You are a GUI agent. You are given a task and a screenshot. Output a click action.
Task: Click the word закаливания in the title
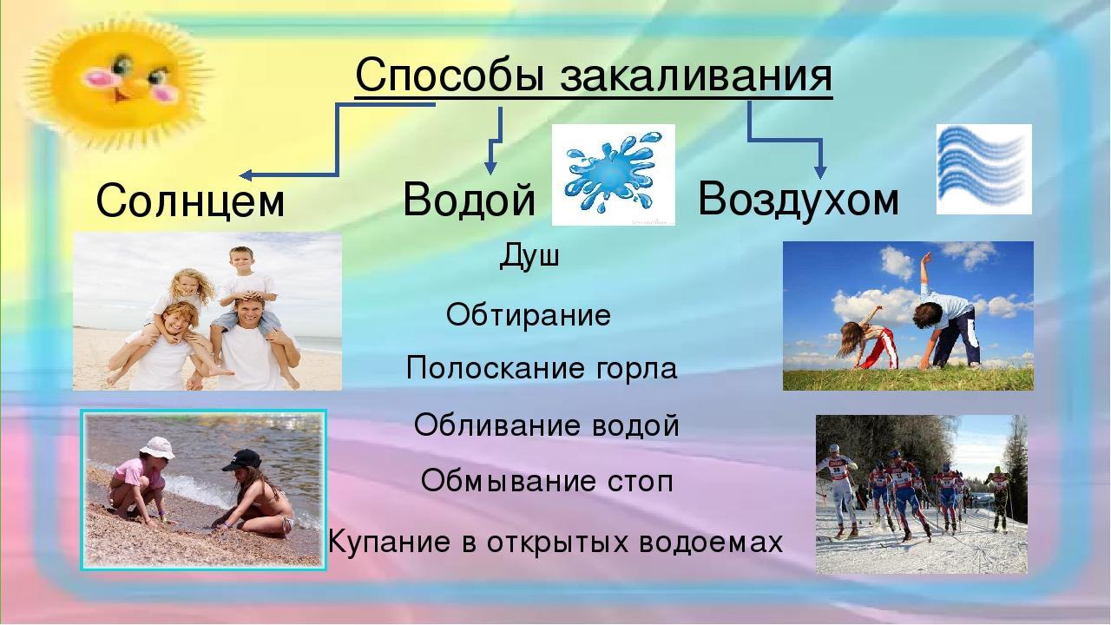click(696, 76)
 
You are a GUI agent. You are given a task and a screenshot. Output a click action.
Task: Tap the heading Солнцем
click(190, 200)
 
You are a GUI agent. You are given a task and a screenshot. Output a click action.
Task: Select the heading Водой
click(470, 199)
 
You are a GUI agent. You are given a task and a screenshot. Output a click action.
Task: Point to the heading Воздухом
click(799, 200)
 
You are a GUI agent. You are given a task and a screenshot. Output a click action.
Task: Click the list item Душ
click(529, 256)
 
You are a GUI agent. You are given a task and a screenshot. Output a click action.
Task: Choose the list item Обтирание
click(529, 314)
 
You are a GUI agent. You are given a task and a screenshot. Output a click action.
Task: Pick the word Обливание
click(491, 425)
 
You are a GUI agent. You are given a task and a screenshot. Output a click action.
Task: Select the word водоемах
click(711, 543)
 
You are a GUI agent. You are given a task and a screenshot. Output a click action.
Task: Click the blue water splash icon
click(613, 174)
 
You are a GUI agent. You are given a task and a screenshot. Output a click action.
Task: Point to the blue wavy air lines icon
click(984, 168)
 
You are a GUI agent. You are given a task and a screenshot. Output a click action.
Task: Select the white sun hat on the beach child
click(157, 448)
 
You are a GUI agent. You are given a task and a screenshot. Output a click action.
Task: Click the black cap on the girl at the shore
click(241, 460)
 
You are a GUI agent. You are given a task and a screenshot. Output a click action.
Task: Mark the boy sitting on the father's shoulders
click(246, 298)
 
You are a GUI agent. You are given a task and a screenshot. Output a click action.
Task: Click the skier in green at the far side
click(999, 498)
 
